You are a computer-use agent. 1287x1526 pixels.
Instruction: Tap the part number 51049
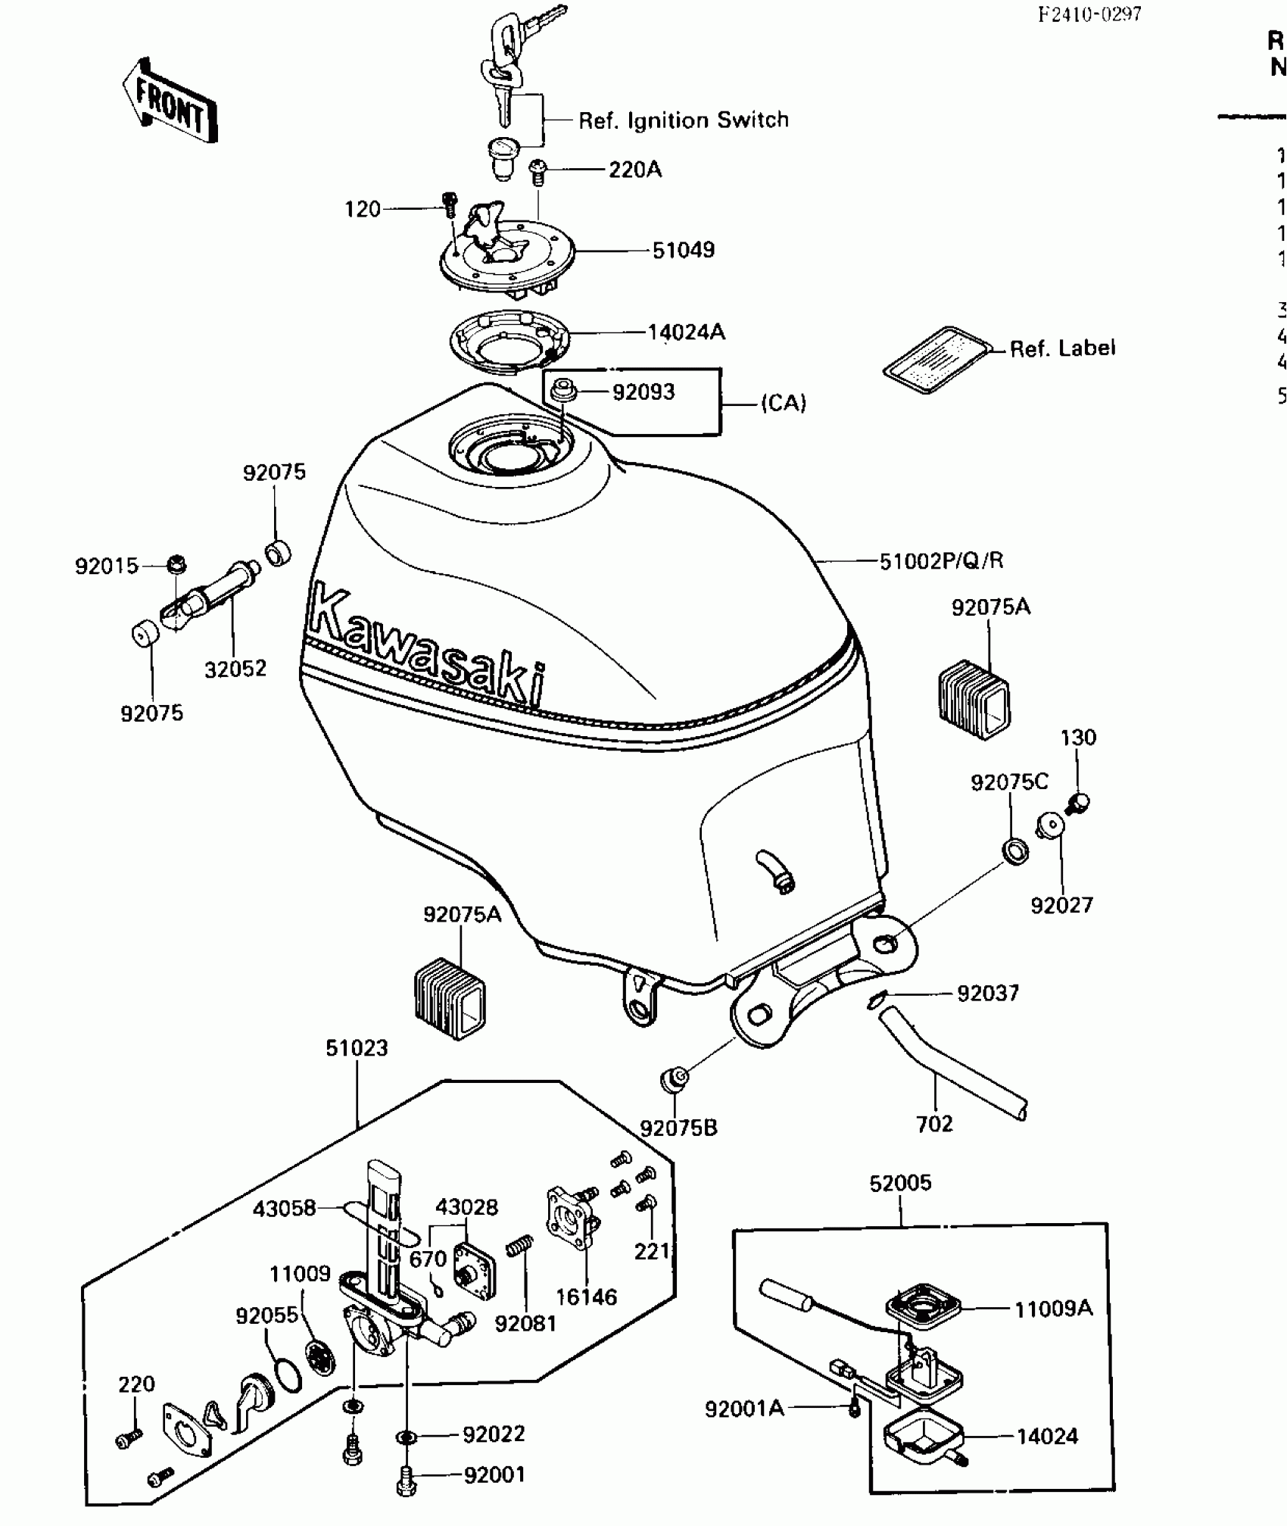tap(683, 250)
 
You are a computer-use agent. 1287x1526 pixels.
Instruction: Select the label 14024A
tap(686, 332)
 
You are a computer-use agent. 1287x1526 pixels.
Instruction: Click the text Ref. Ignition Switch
tap(683, 120)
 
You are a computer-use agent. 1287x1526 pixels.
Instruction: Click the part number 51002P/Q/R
tap(941, 561)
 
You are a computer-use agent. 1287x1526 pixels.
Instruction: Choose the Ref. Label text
tap(1062, 348)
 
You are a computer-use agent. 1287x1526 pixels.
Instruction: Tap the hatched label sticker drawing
tap(937, 361)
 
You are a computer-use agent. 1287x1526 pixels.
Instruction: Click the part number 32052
tap(235, 669)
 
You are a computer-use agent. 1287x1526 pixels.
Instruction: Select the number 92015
tap(107, 566)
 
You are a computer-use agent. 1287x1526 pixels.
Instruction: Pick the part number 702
tap(934, 1124)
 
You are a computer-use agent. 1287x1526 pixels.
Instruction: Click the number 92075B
tap(679, 1128)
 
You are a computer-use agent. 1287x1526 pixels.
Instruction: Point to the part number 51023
tap(357, 1048)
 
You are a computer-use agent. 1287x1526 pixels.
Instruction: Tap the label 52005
tap(900, 1182)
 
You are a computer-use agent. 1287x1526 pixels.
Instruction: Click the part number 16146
tap(587, 1297)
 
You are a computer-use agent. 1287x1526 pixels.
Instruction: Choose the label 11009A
tap(1053, 1308)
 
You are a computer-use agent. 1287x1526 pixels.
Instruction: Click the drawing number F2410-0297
tap(1089, 14)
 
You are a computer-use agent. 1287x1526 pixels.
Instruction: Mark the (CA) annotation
tap(784, 403)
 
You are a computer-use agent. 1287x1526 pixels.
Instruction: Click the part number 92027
tap(1061, 905)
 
